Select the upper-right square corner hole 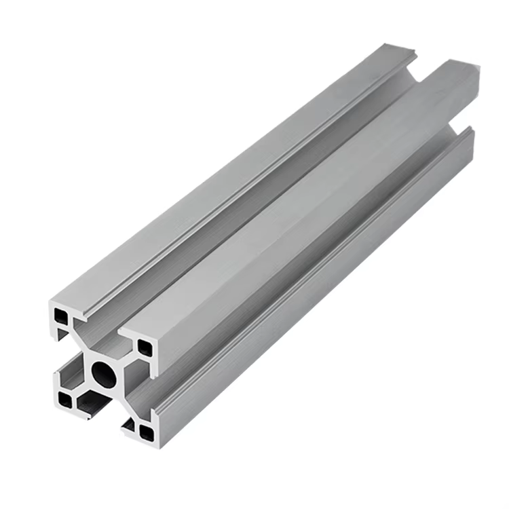click(145, 348)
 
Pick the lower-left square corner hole click(64, 400)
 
